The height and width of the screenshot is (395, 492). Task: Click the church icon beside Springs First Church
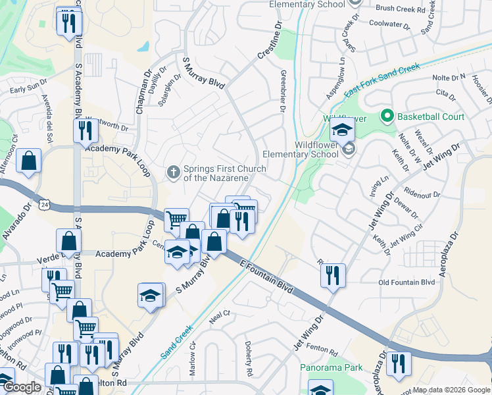[174, 172]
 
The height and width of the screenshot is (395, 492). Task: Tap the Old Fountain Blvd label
[406, 282]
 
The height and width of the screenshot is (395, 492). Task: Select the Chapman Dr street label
[140, 96]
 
